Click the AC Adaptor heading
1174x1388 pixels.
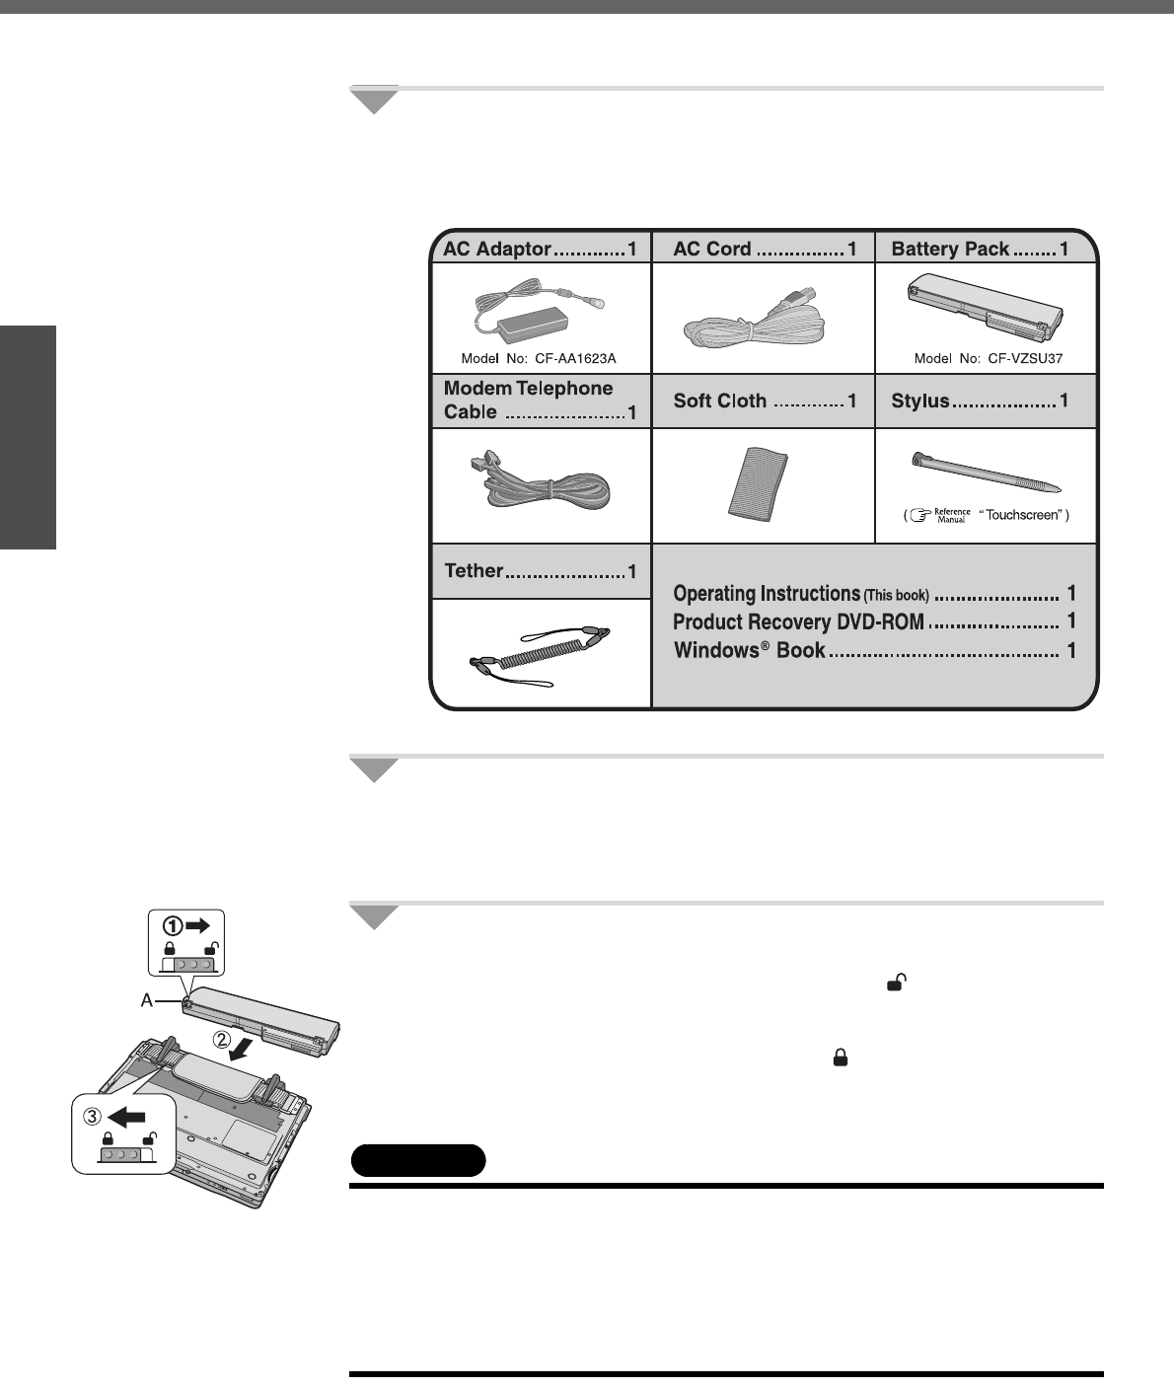(496, 249)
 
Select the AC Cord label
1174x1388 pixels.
(712, 249)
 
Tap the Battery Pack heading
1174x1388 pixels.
(950, 249)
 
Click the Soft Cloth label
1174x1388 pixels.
(719, 401)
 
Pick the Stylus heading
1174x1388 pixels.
(920, 401)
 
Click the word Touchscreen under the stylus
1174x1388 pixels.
(1023, 515)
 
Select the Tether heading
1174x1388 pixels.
(474, 570)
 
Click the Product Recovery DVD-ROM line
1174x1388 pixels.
(798, 621)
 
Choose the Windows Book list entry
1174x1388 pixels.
(749, 651)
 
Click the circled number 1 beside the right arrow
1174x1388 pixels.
(174, 926)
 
